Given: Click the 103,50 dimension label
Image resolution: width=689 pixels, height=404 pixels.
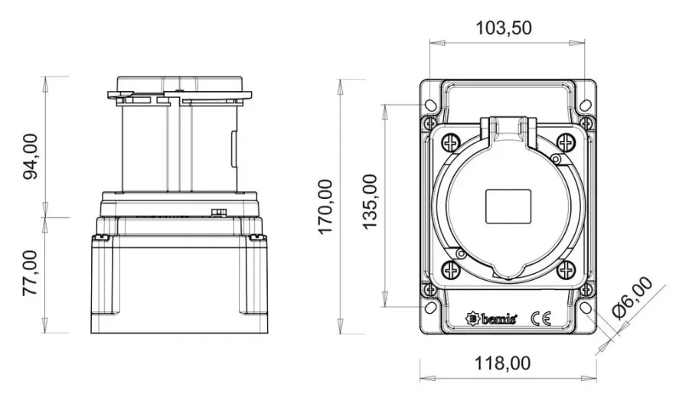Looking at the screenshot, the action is (x=504, y=28).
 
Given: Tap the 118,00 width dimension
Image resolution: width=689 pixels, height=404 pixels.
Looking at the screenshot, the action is (x=502, y=363).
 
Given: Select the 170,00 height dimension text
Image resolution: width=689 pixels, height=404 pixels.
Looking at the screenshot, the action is (x=325, y=207).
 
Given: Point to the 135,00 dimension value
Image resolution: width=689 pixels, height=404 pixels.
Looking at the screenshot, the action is (x=370, y=201).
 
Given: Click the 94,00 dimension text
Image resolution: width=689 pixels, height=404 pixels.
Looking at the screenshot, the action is (x=31, y=157).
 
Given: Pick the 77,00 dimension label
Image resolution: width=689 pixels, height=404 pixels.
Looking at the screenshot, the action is (x=31, y=272).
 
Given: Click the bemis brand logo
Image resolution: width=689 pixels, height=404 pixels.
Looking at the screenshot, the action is (x=491, y=318).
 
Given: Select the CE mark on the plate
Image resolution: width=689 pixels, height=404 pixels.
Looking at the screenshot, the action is (x=540, y=318).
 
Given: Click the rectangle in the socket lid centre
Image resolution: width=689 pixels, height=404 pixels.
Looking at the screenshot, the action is (x=508, y=207).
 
